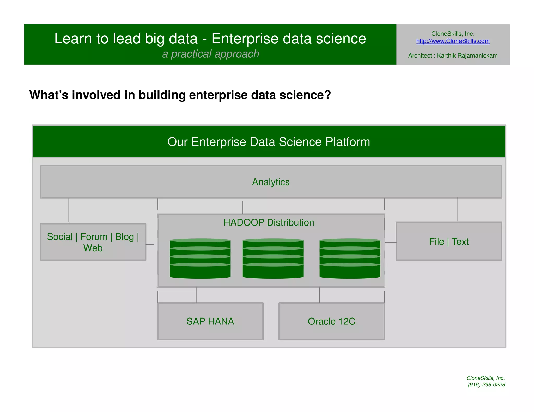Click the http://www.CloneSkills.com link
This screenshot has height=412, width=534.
tap(453, 41)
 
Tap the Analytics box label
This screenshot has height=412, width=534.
tap(271, 182)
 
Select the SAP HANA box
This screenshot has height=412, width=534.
tap(210, 321)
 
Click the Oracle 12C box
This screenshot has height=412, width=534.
tap(331, 321)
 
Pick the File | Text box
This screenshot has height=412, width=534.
tap(449, 241)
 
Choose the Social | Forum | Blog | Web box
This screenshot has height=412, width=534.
tap(93, 242)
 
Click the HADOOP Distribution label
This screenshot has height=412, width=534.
tap(269, 223)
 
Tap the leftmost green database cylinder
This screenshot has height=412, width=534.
tap(200, 258)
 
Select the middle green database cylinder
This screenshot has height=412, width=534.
tap(273, 258)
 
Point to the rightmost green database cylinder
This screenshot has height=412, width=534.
tap(350, 258)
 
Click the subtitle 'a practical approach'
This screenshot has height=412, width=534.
tap(211, 54)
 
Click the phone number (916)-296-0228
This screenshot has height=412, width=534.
tap(486, 385)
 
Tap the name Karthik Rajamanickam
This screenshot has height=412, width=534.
tap(467, 55)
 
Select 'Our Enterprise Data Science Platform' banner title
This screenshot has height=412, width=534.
tap(269, 142)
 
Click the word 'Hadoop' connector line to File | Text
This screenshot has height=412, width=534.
tap(390, 242)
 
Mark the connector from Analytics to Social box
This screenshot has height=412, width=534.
tap(69, 210)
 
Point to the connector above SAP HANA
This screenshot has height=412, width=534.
tap(196, 295)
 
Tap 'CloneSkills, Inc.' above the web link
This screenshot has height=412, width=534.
tap(453, 34)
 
